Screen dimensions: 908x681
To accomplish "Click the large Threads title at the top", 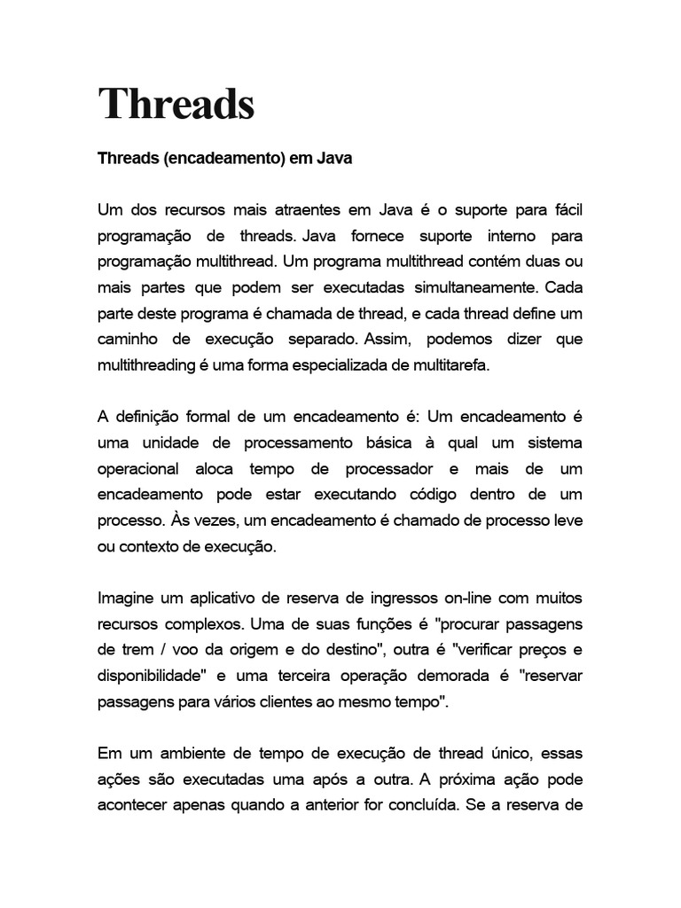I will tap(176, 104).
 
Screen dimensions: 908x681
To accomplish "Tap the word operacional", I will tap(138, 468).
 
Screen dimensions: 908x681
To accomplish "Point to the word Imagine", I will tap(126, 598).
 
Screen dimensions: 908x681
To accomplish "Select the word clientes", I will tap(325, 701).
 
